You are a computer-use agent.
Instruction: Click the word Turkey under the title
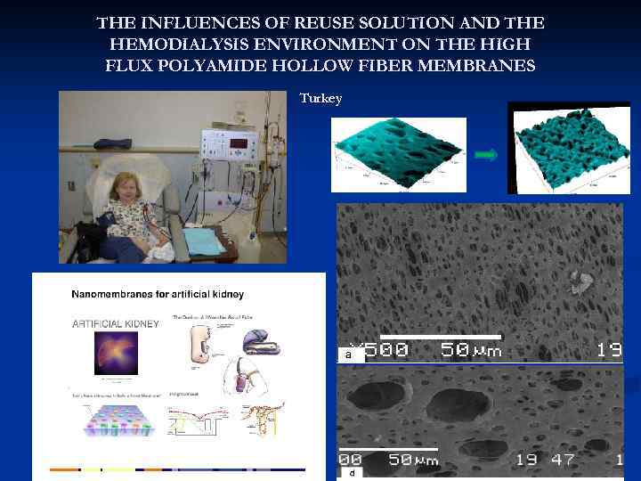click(320, 98)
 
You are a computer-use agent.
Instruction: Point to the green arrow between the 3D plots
click(485, 155)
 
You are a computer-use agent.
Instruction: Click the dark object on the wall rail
click(112, 143)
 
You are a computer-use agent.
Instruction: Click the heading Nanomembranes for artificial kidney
click(158, 294)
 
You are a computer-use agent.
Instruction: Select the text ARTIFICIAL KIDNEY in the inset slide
click(116, 323)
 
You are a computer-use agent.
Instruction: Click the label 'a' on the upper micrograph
click(349, 355)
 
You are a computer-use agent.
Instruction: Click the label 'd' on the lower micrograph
click(352, 473)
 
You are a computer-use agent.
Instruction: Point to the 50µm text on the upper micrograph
click(472, 350)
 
